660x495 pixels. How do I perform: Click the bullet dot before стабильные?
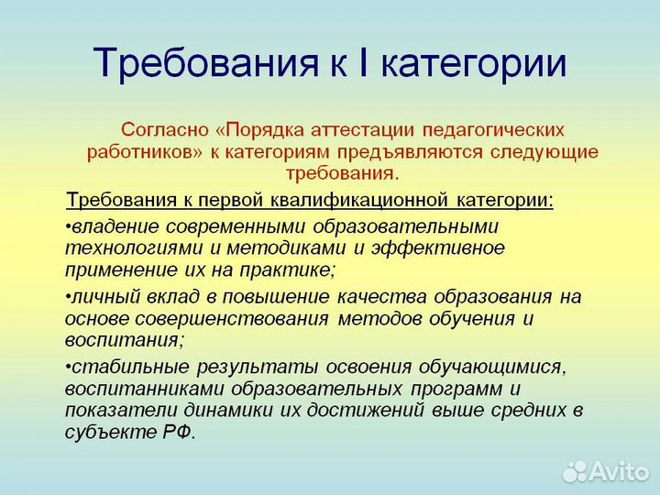point(69,368)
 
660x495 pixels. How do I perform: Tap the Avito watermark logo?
point(605,470)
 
